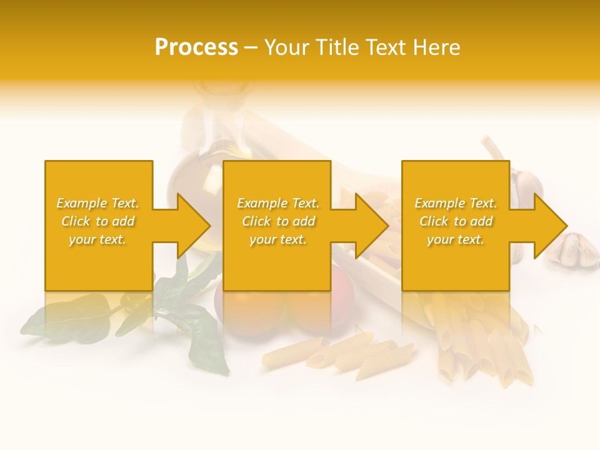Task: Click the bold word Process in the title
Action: pyautogui.click(x=196, y=47)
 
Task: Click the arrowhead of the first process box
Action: pyautogui.click(x=192, y=226)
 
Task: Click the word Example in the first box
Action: pyautogui.click(x=81, y=203)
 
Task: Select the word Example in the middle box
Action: pyautogui.click(x=262, y=203)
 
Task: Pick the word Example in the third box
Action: pyautogui.click(x=439, y=203)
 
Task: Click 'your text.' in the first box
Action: pyautogui.click(x=97, y=239)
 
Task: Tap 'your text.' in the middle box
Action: pyautogui.click(x=278, y=239)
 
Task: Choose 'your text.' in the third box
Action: pyautogui.click(x=456, y=239)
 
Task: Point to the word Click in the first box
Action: pyautogui.click(x=76, y=221)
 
